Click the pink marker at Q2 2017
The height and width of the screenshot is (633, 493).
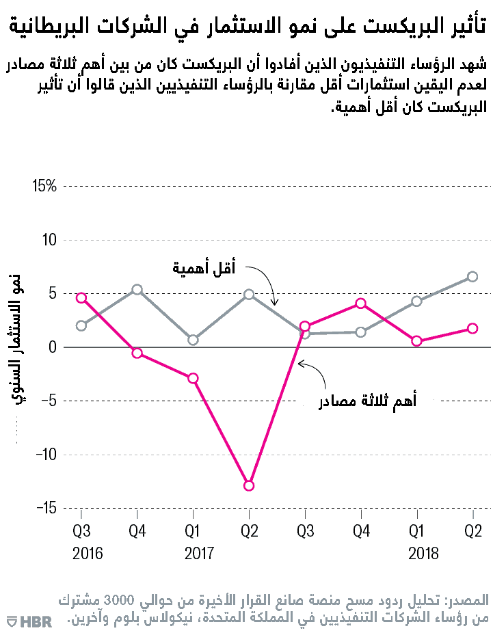click(249, 485)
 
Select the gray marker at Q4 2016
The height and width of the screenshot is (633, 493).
click(137, 290)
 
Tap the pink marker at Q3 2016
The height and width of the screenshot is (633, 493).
click(81, 298)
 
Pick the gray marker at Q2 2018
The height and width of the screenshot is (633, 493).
click(472, 277)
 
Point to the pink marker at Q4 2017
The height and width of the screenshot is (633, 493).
click(360, 303)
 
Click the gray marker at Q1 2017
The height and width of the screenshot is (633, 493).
click(193, 340)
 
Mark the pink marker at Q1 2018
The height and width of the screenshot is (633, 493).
click(416, 341)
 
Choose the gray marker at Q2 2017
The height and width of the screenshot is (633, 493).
click(249, 295)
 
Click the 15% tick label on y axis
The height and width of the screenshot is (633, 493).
click(43, 186)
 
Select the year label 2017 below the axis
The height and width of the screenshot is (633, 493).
click(200, 552)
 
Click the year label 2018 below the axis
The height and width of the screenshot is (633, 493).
click(423, 552)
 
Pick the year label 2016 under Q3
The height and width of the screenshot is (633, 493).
click(88, 552)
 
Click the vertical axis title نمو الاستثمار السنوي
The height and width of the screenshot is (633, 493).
click(20, 342)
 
